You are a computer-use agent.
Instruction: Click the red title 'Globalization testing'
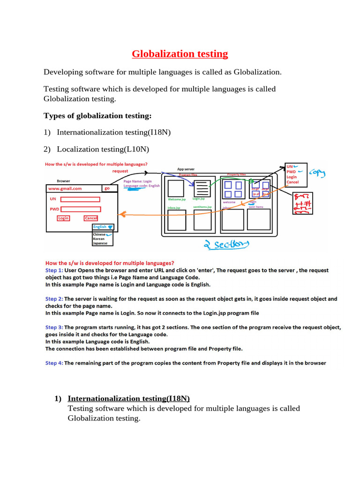pyautogui.click(x=180, y=54)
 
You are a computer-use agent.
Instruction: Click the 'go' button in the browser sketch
pyautogui.click(x=108, y=188)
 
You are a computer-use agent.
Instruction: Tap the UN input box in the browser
pyautogui.click(x=80, y=199)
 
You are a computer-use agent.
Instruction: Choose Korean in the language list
pyautogui.click(x=99, y=239)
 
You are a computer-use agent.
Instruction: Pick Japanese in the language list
pyautogui.click(x=100, y=243)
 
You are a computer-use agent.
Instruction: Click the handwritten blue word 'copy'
pyautogui.click(x=318, y=173)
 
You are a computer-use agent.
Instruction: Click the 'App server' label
pyautogui.click(x=186, y=169)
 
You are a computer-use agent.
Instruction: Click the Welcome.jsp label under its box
pyautogui.click(x=177, y=199)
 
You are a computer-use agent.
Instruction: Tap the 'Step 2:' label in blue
pyautogui.click(x=54, y=299)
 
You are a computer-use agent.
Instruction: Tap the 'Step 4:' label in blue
pyautogui.click(x=54, y=363)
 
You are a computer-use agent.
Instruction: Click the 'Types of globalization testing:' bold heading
pyautogui.click(x=97, y=116)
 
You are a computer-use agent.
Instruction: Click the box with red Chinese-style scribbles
pyautogui.click(x=305, y=203)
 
